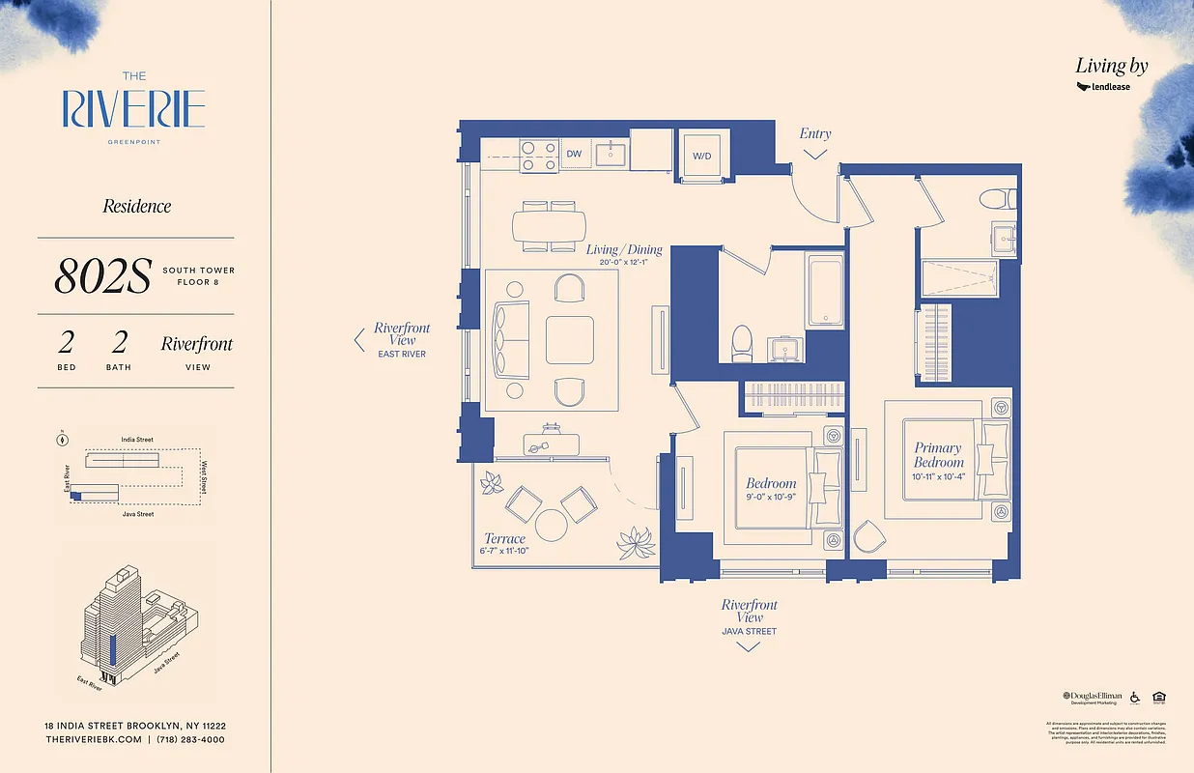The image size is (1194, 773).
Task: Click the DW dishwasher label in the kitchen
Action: [x=574, y=154]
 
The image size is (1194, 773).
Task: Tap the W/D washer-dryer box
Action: [x=701, y=155]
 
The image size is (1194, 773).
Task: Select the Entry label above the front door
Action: [x=814, y=134]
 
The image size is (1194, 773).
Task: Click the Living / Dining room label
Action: [x=624, y=249]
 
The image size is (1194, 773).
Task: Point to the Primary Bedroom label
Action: [x=938, y=455]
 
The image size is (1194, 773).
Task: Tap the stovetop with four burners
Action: [x=539, y=156]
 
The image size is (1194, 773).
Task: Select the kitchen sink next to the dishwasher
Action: [x=611, y=154]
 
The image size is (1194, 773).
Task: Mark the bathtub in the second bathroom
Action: [x=823, y=291]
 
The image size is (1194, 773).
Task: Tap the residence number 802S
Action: [x=102, y=277]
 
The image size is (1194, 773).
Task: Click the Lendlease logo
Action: [x=1103, y=87]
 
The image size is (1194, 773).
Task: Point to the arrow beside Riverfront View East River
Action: [x=358, y=339]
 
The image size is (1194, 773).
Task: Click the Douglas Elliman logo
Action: [x=1092, y=697]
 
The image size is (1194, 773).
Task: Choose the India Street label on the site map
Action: [x=136, y=440]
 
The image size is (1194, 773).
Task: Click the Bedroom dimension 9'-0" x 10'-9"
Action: [x=770, y=497]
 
